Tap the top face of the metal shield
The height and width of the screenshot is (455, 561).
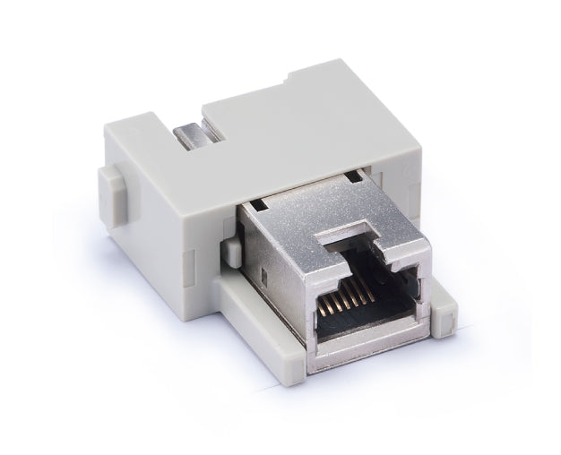(323, 215)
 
